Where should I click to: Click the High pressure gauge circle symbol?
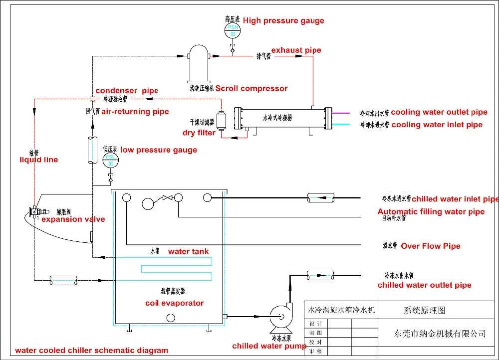233,30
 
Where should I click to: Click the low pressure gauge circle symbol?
111,161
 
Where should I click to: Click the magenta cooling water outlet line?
345,112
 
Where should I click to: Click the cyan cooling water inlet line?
345,124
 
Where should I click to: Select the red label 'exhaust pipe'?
296,50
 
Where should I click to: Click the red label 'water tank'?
188,251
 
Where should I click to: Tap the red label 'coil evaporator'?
175,303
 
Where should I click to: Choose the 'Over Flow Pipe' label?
431,246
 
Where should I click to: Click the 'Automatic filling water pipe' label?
431,211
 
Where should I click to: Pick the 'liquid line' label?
38,160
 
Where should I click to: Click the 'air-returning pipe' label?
135,112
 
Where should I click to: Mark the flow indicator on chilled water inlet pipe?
320,197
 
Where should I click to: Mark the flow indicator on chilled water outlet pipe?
320,274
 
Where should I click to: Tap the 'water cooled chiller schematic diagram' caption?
91,350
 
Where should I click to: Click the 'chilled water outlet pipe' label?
424,285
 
